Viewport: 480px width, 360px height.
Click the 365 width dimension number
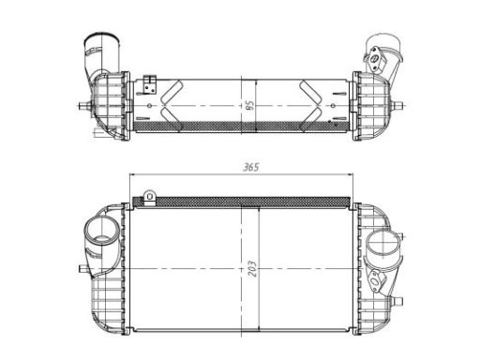251,167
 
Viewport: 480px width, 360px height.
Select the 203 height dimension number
252,268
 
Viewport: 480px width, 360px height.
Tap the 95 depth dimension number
248,106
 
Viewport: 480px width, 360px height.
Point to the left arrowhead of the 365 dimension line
132,174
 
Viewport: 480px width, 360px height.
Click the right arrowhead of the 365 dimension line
350,174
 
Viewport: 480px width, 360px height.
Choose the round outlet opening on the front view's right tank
383,244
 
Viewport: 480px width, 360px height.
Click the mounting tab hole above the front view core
150,196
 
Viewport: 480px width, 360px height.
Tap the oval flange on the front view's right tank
375,280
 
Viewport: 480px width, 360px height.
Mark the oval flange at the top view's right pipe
374,58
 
